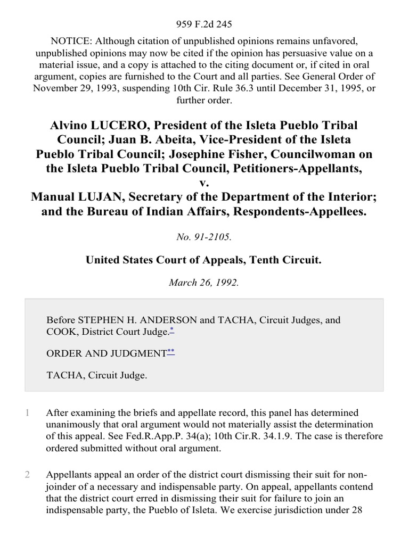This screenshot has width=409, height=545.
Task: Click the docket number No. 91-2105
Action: [x=204, y=237]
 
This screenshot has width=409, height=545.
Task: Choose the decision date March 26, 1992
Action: [x=204, y=283]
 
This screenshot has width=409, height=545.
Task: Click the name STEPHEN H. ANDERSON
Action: [x=131, y=320]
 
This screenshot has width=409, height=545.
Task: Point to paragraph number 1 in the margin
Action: [x=27, y=412]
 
